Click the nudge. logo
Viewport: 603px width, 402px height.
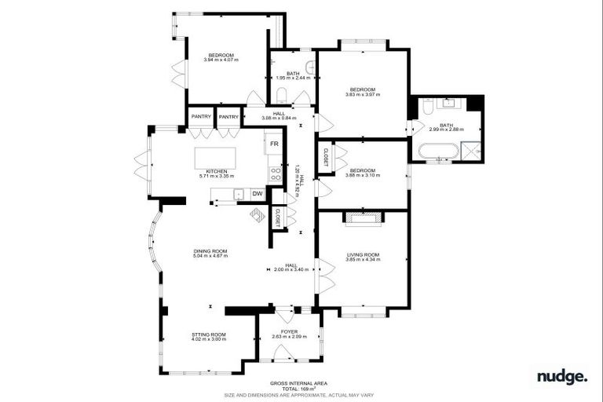click(x=561, y=377)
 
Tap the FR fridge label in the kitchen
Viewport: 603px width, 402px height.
click(x=274, y=144)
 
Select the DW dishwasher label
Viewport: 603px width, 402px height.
click(x=257, y=194)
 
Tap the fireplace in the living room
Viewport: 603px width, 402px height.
click(x=363, y=215)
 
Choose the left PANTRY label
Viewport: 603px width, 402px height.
click(x=201, y=117)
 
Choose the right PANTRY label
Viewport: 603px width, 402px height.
click(x=228, y=117)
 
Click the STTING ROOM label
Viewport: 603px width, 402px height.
click(x=209, y=334)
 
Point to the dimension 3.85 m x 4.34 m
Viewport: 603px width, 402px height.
click(x=363, y=259)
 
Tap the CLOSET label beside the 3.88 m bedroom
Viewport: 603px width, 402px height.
click(x=325, y=158)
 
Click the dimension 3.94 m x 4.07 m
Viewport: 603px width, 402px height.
click(x=220, y=60)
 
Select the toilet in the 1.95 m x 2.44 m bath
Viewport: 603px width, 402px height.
click(x=281, y=97)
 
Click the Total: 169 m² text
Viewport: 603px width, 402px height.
click(x=294, y=389)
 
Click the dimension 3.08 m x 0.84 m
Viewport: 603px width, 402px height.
click(x=278, y=119)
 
